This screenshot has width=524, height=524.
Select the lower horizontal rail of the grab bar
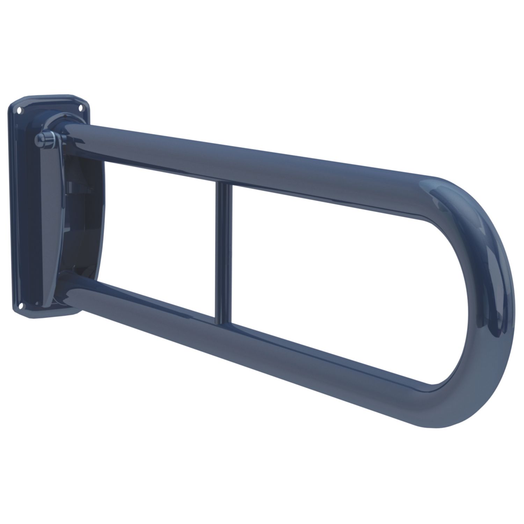[x=245, y=335]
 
